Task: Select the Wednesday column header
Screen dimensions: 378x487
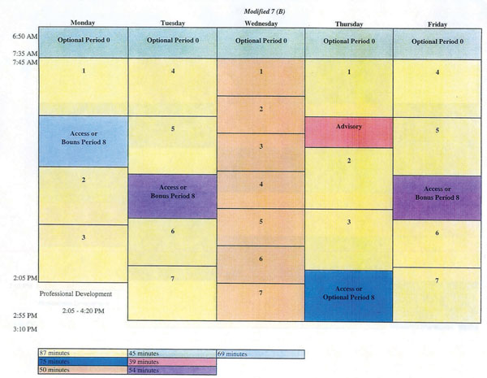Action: coord(261,24)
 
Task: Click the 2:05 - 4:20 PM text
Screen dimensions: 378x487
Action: coord(84,311)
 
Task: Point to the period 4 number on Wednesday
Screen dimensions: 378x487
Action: coord(261,185)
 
